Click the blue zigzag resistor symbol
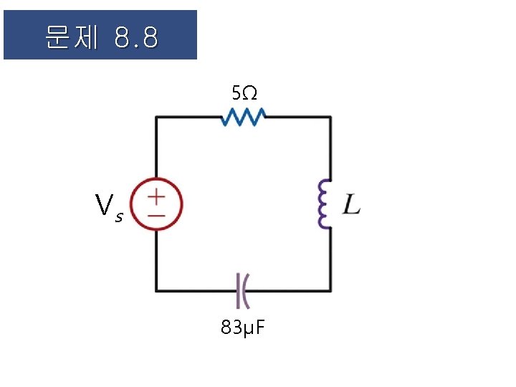pos(243,116)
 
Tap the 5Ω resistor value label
pos(244,92)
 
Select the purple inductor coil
pos(322,204)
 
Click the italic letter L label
pos(351,205)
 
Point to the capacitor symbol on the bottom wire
pos(243,290)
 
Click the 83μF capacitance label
pos(243,328)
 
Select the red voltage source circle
pos(157,204)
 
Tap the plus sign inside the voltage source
pos(157,196)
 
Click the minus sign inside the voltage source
pos(157,214)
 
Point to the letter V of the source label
pos(105,206)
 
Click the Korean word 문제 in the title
pos(70,37)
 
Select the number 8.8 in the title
pos(135,37)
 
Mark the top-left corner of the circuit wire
pos(157,116)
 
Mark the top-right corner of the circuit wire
pos(330,116)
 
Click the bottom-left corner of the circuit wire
pos(157,290)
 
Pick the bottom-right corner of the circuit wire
pos(330,290)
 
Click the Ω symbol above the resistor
pos(249,92)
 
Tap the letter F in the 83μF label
pos(259,328)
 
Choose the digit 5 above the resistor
pos(236,92)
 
